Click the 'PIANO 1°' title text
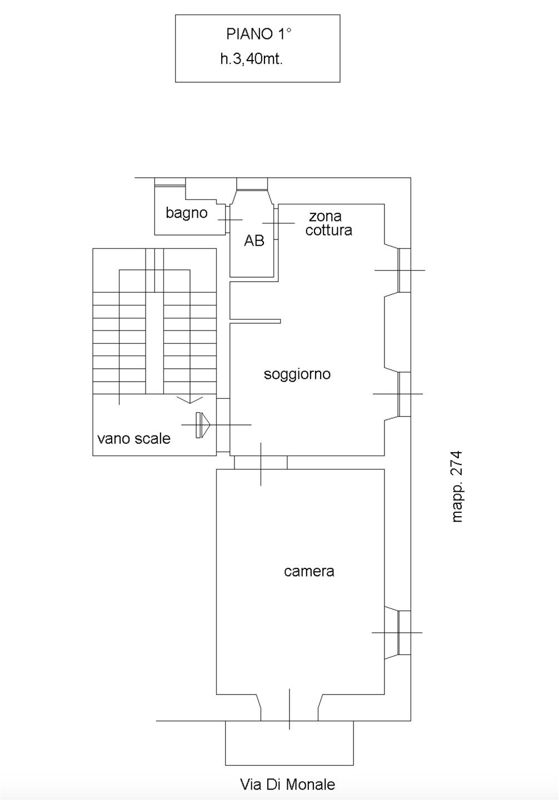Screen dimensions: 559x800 click(x=259, y=34)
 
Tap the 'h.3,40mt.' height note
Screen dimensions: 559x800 click(x=252, y=59)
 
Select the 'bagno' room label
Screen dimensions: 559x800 click(x=187, y=213)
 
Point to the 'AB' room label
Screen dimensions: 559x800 click(x=254, y=241)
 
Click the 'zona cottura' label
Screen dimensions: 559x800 click(x=328, y=223)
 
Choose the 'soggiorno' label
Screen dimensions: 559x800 click(x=297, y=374)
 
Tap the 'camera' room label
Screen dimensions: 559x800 click(x=309, y=572)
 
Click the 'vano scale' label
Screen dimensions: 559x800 click(x=134, y=438)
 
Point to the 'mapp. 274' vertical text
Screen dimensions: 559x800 click(x=457, y=487)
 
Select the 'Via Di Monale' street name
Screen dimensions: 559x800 click(x=287, y=784)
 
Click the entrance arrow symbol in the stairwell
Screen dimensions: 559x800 click(x=202, y=425)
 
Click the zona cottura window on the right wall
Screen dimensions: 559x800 click(x=405, y=271)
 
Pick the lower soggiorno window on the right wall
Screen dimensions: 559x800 click(x=405, y=394)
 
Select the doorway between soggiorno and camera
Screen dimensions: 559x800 click(x=261, y=462)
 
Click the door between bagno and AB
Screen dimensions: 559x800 click(x=227, y=219)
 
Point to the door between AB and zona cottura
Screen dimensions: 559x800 click(x=276, y=223)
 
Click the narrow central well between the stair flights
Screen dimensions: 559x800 click(x=154, y=343)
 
